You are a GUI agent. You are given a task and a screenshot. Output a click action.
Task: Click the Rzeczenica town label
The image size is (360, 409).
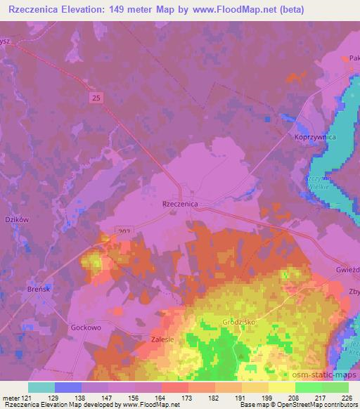click(x=180, y=203)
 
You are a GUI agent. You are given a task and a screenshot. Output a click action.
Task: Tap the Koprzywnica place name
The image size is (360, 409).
click(x=310, y=138)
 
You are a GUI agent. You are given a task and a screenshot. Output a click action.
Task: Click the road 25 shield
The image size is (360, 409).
click(x=96, y=99)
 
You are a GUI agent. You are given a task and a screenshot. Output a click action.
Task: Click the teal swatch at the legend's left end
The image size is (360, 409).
click(x=41, y=387)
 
